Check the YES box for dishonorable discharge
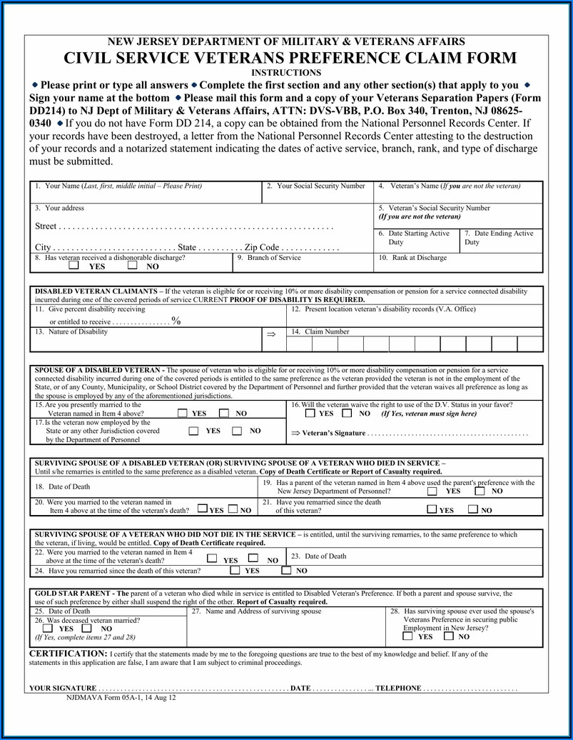[74, 266]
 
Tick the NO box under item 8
[133, 266]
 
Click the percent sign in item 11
[176, 321]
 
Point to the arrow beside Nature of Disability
[270, 334]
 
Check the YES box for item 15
[183, 413]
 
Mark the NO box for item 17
[238, 431]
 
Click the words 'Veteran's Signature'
[333, 433]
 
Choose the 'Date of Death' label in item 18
[63, 486]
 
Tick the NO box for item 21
[473, 510]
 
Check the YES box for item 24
[235, 571]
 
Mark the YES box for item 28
[407, 636]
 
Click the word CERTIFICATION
[68, 654]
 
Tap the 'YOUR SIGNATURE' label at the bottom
[62, 689]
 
